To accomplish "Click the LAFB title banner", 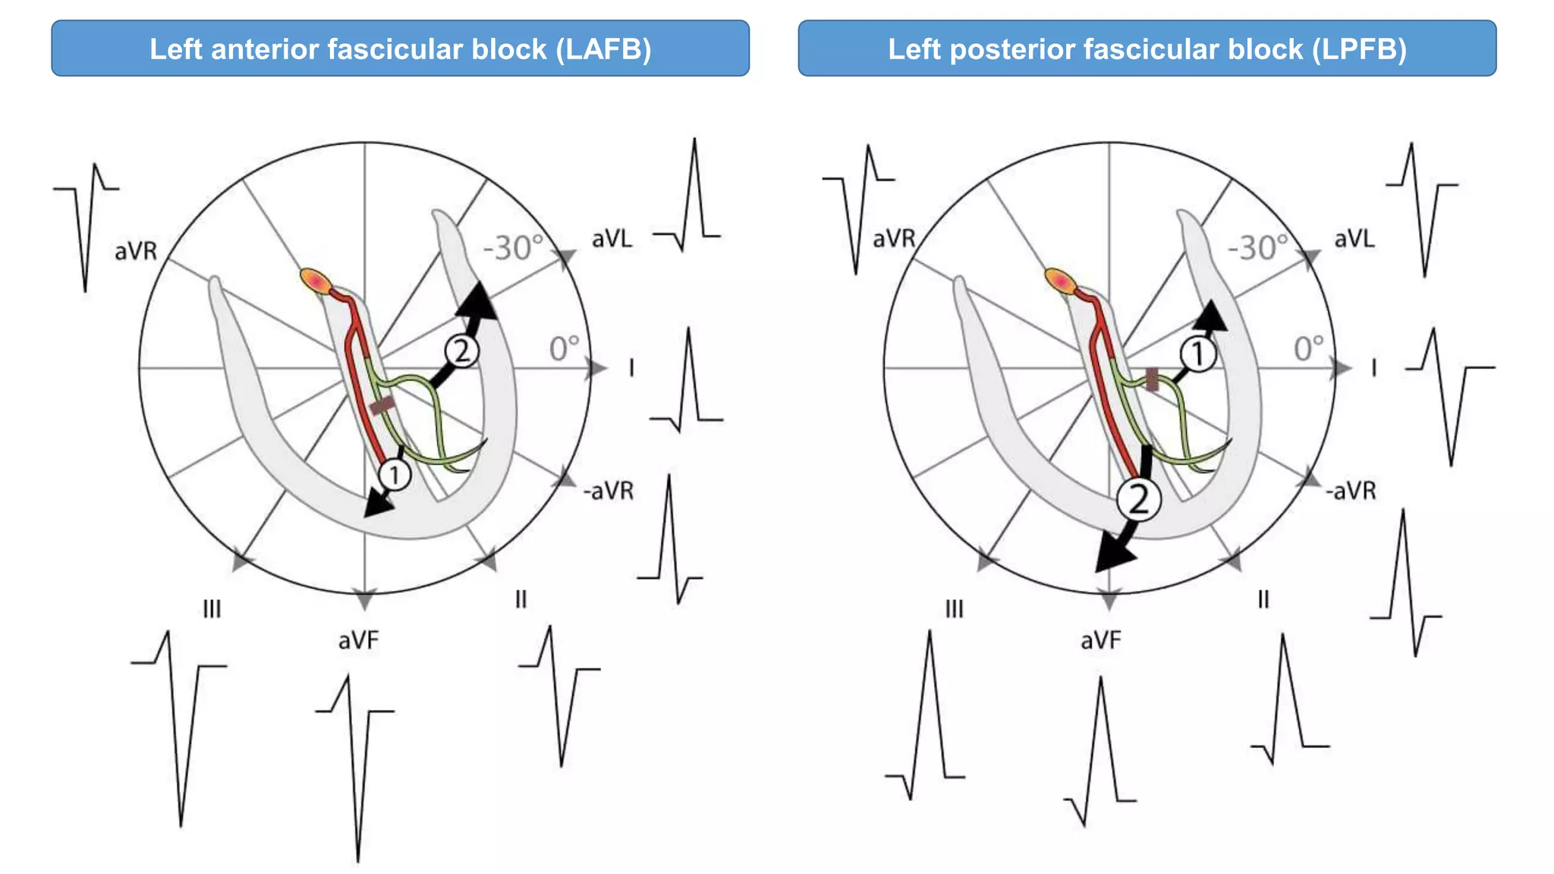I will click(x=400, y=49).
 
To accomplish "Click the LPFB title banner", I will click(x=1147, y=49).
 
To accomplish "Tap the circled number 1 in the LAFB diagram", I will click(x=395, y=476).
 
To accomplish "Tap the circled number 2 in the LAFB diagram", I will click(x=461, y=351).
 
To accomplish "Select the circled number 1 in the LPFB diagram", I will click(x=1198, y=354).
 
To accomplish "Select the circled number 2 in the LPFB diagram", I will click(x=1139, y=499).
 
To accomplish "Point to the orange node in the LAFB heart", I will click(x=315, y=281).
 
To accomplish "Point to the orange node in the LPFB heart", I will click(x=1060, y=281).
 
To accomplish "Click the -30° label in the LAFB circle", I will click(x=514, y=248).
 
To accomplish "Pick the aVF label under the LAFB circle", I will click(x=358, y=641).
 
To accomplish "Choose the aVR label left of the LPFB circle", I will click(x=894, y=239).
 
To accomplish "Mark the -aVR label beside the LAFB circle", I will click(x=608, y=491).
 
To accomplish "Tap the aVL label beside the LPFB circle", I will click(x=1354, y=239).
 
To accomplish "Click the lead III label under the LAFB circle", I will click(x=212, y=609).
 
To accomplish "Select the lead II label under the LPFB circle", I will click(x=1263, y=600).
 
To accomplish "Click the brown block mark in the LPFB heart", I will click(x=1152, y=379).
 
